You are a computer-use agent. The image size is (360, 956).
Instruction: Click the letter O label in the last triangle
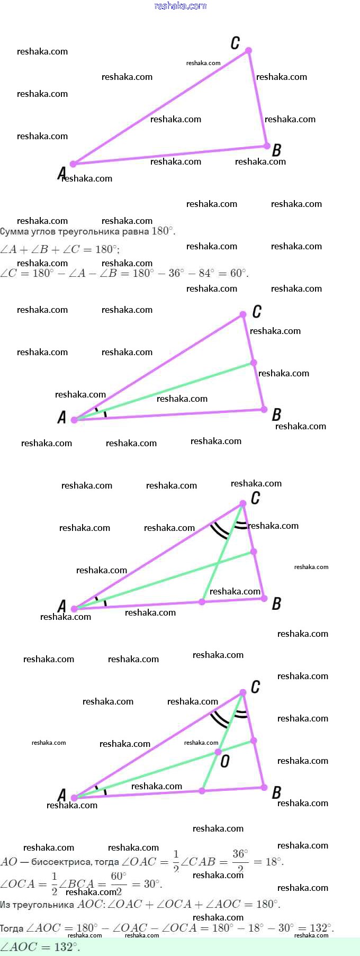(225, 761)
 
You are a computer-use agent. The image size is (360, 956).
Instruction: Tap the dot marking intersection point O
(218, 752)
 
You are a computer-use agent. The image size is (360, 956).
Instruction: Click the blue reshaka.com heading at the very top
(180, 6)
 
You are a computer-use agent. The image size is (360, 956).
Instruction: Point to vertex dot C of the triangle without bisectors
(248, 51)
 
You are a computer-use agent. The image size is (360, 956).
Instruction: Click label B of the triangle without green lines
(276, 150)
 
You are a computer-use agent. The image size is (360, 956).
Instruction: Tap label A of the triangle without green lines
(61, 173)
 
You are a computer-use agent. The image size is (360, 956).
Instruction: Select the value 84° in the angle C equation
(206, 273)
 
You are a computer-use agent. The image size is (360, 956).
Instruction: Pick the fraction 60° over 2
(119, 883)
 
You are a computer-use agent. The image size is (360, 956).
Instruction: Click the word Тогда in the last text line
(12, 928)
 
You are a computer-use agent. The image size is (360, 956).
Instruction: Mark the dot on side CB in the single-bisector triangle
(254, 363)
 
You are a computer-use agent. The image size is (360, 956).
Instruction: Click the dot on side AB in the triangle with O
(202, 791)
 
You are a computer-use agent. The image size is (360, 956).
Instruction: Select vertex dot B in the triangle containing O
(264, 788)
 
